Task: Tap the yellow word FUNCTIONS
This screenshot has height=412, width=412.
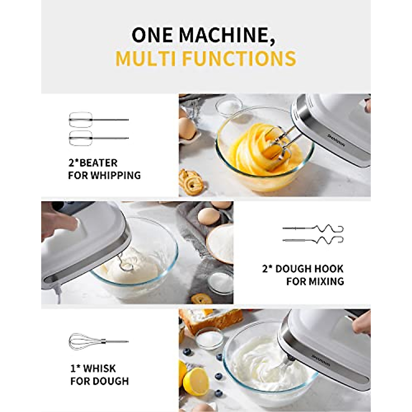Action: [239, 59]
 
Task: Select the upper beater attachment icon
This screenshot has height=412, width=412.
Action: [98, 119]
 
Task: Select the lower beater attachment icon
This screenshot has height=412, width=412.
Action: [98, 138]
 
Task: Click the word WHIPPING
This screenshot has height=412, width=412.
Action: [115, 175]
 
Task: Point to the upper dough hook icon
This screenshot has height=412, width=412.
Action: [313, 228]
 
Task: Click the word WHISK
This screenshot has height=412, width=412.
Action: [100, 369]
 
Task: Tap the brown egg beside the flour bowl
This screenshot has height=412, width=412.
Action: [208, 216]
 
